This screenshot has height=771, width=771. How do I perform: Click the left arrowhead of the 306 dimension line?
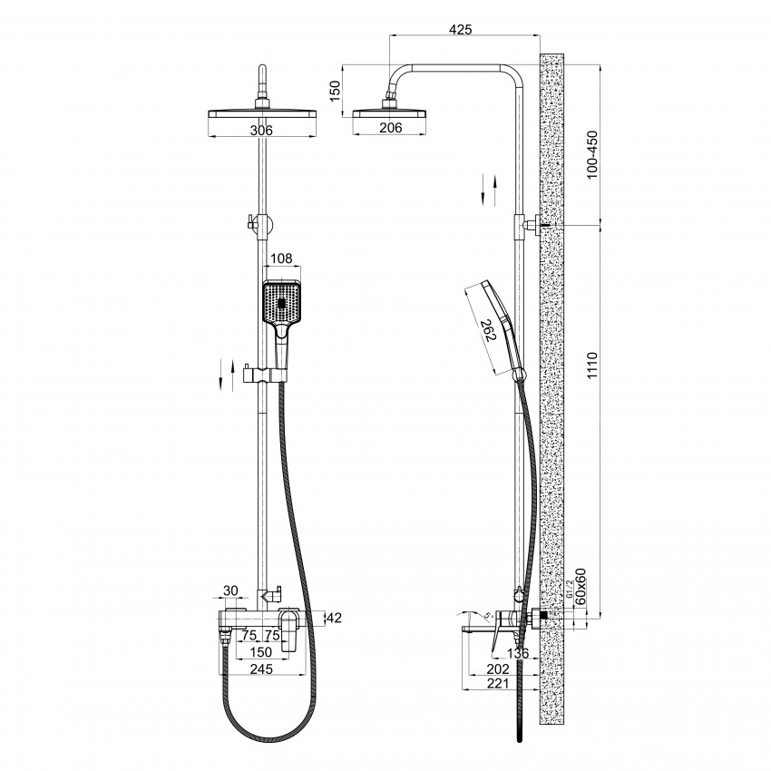(x=211, y=136)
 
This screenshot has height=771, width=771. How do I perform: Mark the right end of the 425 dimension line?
(x=540, y=35)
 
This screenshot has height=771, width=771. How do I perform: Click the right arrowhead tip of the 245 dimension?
(x=306, y=675)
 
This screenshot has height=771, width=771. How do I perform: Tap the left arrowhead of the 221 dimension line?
(x=464, y=689)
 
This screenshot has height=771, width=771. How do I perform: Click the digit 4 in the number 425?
(x=453, y=29)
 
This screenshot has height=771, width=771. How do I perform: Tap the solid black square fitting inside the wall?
(x=544, y=615)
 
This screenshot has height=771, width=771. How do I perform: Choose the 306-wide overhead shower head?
(x=262, y=114)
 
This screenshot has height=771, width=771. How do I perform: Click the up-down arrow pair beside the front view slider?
(x=227, y=376)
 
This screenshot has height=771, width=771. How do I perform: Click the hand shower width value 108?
(x=281, y=259)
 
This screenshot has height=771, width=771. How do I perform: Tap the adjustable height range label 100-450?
(x=592, y=154)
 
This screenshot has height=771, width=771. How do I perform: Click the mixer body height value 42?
(x=334, y=618)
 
